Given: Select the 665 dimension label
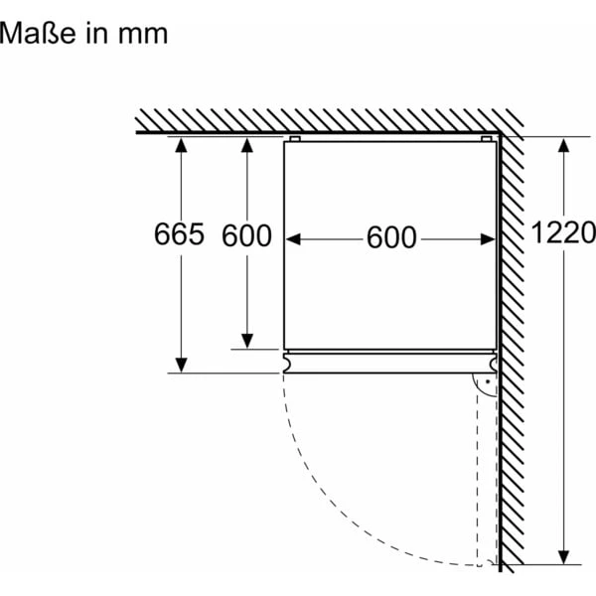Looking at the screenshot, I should tap(180, 235).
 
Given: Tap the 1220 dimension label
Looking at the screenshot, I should tap(562, 233).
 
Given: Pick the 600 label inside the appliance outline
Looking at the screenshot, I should tap(390, 238).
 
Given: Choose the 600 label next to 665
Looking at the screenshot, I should tap(246, 235).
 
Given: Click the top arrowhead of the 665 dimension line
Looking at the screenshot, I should tap(180, 145).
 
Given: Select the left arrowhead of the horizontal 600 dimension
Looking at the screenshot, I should tap(294, 238).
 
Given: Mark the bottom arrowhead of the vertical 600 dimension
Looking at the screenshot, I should tap(246, 340).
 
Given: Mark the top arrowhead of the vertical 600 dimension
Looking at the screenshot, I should tap(246, 145).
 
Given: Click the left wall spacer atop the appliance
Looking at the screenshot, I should tap(294, 139).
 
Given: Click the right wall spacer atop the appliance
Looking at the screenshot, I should tap(486, 139).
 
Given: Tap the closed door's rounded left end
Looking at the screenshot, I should tap(286, 364).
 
